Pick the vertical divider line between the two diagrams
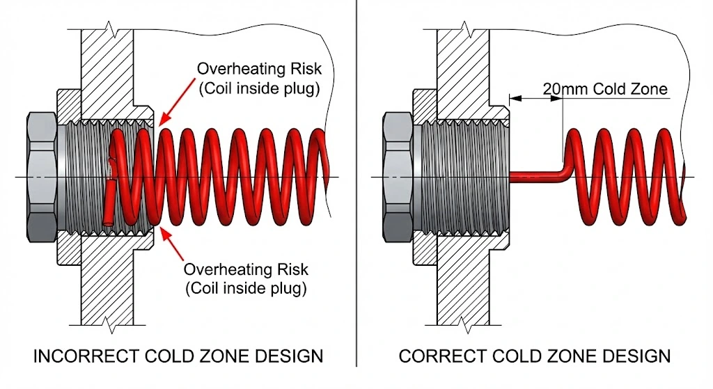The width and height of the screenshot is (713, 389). [x=356, y=188]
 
